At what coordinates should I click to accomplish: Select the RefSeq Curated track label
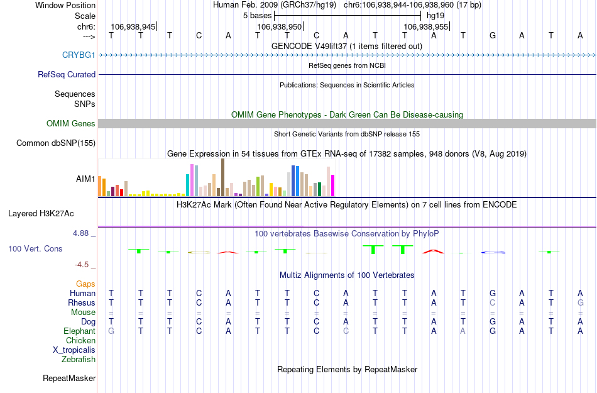pyautogui.click(x=67, y=74)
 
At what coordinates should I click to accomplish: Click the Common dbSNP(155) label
pyautogui.click(x=55, y=143)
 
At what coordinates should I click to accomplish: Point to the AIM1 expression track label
pyautogui.click(x=85, y=179)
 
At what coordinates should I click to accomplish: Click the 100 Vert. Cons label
pyautogui.click(x=35, y=249)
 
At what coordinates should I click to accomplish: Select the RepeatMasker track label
pyautogui.click(x=69, y=379)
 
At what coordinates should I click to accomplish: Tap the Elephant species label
pyautogui.click(x=79, y=331)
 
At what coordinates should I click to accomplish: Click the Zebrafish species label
pyautogui.click(x=79, y=360)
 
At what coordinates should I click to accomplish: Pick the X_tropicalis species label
pyautogui.click(x=74, y=350)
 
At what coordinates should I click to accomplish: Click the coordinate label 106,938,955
pyautogui.click(x=426, y=27)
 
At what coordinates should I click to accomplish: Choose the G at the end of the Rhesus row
pyautogui.click(x=580, y=302)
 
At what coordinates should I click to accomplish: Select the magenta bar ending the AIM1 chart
pyautogui.click(x=333, y=185)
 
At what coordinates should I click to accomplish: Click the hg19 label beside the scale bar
pyautogui.click(x=435, y=15)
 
